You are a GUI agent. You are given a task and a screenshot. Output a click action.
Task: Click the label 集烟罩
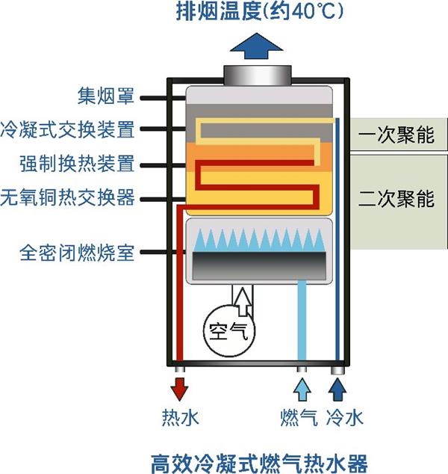[106, 97]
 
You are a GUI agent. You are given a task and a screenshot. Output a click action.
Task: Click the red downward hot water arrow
[180, 390]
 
